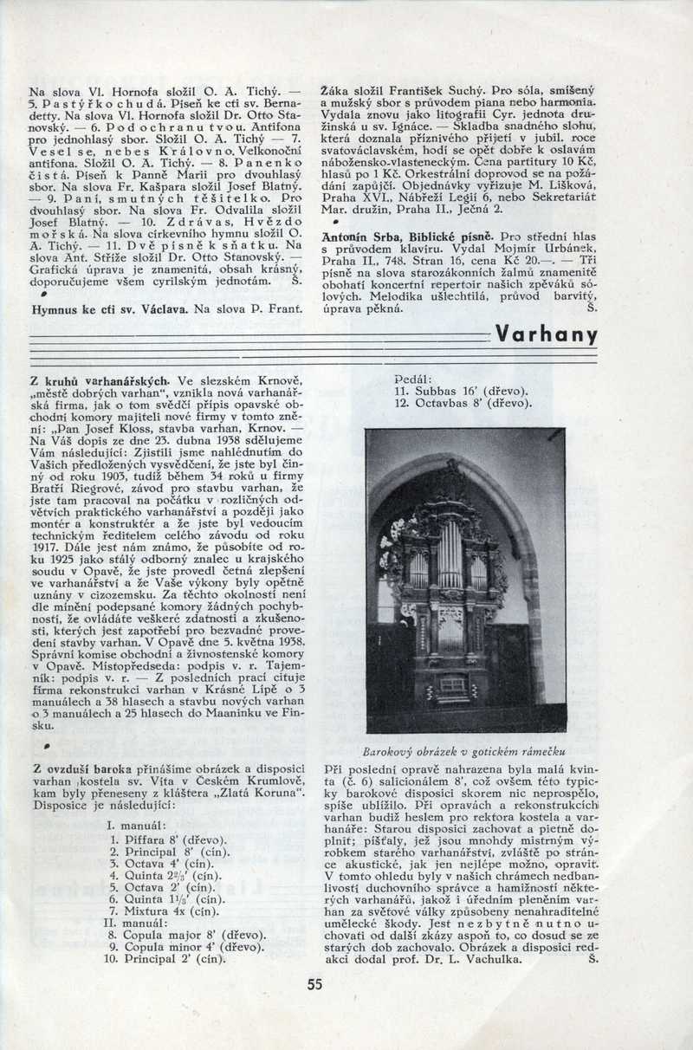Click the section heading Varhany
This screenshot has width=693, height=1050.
546,335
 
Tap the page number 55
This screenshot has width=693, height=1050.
314,983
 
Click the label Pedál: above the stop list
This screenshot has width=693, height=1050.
412,379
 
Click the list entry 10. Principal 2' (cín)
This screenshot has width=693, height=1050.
164,959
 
